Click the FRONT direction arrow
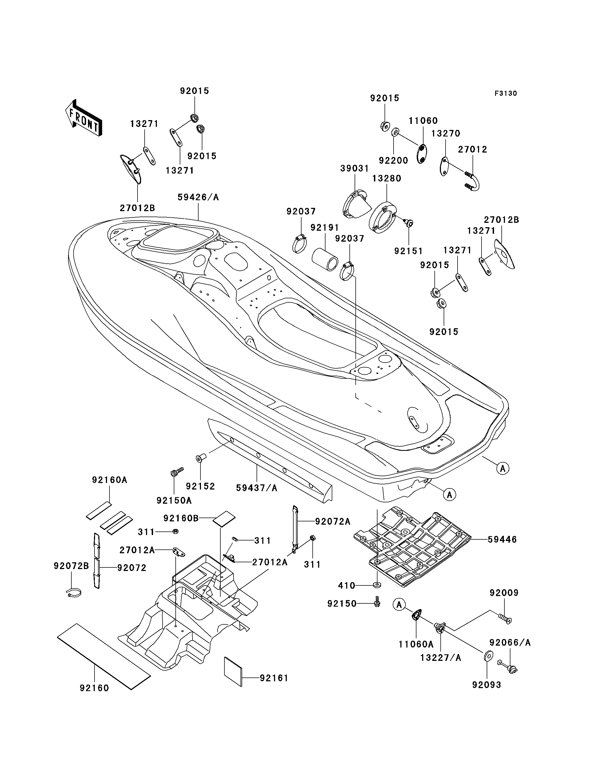click(84, 118)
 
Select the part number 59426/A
click(198, 197)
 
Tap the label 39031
click(355, 169)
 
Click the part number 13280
click(387, 178)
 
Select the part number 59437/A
click(257, 488)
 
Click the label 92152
click(200, 486)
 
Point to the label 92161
click(274, 678)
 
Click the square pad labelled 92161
click(233, 671)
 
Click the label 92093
click(486, 685)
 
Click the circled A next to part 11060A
click(400, 604)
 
